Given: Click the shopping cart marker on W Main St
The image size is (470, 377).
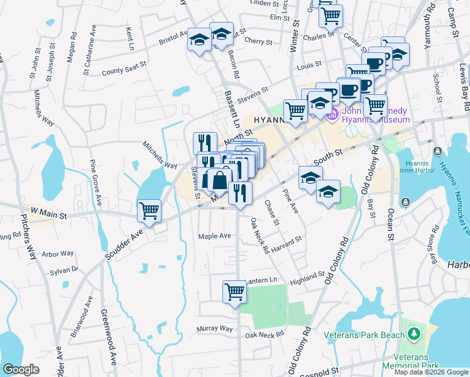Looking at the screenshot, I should [x=149, y=211].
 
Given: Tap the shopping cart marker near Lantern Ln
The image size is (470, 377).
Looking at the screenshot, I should [x=234, y=292].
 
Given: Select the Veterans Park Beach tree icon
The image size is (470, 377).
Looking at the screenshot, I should [x=413, y=331].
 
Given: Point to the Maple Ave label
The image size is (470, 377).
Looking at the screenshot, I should [x=215, y=236].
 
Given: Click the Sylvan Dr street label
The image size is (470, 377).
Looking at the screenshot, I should [x=65, y=270].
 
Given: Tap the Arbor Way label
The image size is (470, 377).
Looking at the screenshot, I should [x=58, y=254].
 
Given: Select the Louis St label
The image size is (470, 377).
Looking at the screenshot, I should [x=309, y=65].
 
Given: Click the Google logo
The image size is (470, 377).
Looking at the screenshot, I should [x=21, y=369].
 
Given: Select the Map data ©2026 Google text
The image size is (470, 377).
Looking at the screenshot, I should [x=431, y=372].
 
